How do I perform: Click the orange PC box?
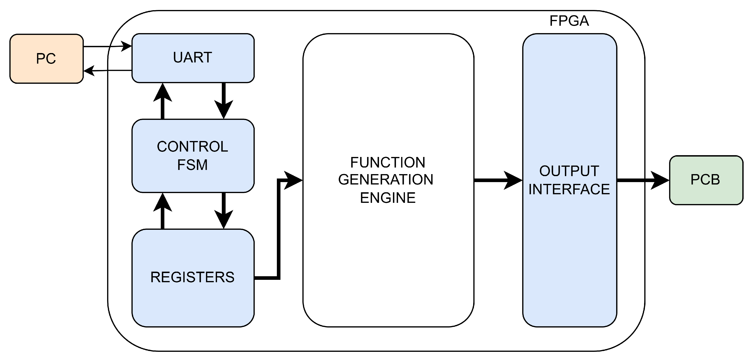46,59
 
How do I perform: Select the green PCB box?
706,180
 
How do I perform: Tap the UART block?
193,58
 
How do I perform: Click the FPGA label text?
569,21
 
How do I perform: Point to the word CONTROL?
192,147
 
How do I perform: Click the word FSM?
192,165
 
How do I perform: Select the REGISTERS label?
192,277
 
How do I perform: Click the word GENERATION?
386,180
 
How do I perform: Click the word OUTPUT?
569,171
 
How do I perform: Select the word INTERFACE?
569,189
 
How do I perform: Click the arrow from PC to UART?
108,46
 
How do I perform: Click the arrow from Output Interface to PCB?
642,180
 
